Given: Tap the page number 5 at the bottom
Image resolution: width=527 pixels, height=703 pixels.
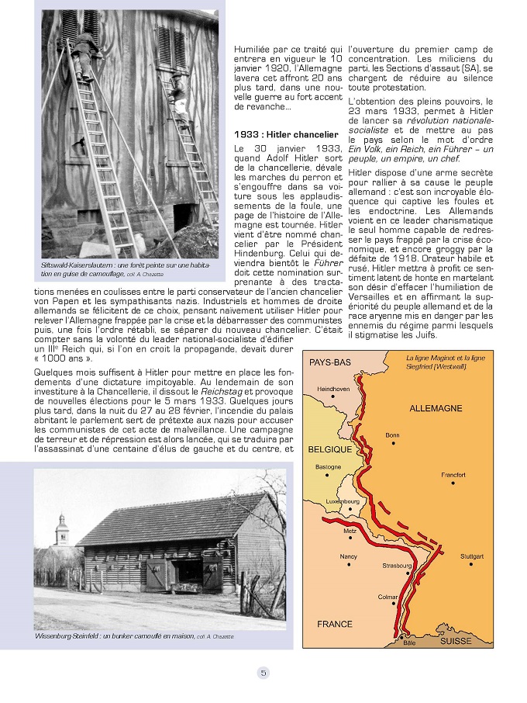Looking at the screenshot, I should click(263, 673).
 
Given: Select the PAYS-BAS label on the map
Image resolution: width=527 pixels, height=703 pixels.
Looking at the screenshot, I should click(330, 362).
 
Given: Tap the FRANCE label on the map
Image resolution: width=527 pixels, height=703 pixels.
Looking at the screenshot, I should click(335, 624).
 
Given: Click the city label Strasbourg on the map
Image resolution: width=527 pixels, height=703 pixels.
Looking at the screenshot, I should click(398, 566).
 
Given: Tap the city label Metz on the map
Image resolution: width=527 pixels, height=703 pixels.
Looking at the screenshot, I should click(350, 532).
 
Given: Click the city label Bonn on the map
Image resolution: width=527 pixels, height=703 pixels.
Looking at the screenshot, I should click(393, 435).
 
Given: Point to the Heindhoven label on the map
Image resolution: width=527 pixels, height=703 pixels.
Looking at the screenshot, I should click(334, 388).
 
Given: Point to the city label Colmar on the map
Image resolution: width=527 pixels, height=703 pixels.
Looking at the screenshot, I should click(387, 597).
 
